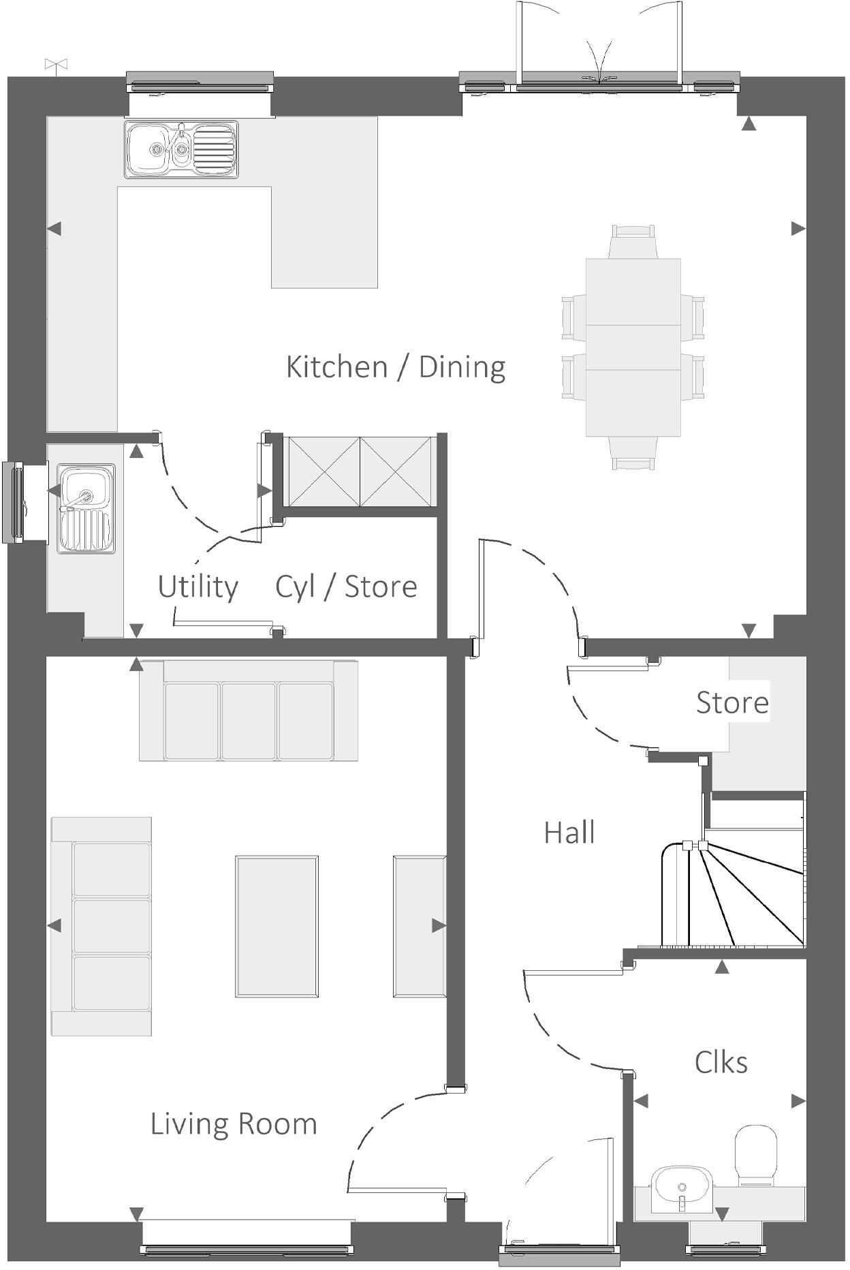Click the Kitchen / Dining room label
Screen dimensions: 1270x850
pyautogui.click(x=395, y=367)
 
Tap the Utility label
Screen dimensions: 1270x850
pyautogui.click(x=198, y=587)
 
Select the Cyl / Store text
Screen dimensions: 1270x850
pyautogui.click(x=346, y=587)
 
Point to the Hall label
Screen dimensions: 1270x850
pyautogui.click(x=569, y=833)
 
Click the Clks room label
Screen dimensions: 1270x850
pyautogui.click(x=721, y=1062)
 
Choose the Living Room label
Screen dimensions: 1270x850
pyautogui.click(x=234, y=1124)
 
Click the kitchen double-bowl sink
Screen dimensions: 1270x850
pyautogui.click(x=181, y=149)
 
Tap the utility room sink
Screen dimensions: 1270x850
pyautogui.click(x=86, y=508)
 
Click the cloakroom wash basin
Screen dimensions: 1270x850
pyautogui.click(x=682, y=1188)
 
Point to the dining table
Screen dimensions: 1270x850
pyautogui.click(x=633, y=347)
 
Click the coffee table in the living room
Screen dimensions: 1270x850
pyautogui.click(x=277, y=927)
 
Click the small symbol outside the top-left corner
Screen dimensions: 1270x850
pyautogui.click(x=56, y=65)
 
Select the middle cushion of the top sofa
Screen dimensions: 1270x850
pyautogui.click(x=249, y=721)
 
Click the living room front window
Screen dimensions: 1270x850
pyautogui.click(x=247, y=1248)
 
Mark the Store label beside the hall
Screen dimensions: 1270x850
pyautogui.click(x=732, y=702)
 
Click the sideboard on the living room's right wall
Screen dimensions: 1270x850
pyautogui.click(x=419, y=927)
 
